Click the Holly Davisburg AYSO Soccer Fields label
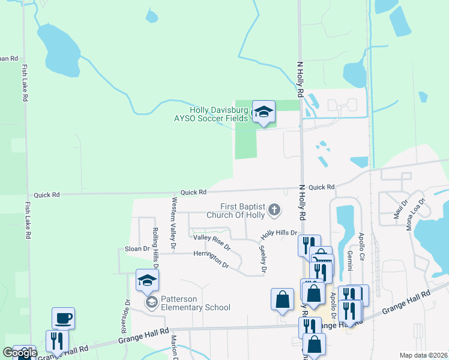218,114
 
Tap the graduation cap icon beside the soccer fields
263,112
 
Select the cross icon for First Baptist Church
274,210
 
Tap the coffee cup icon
63,318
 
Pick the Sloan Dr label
137,248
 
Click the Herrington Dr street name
211,259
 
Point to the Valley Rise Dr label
212,242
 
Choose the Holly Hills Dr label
279,233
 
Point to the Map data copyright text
423,355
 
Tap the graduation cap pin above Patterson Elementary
147,280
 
